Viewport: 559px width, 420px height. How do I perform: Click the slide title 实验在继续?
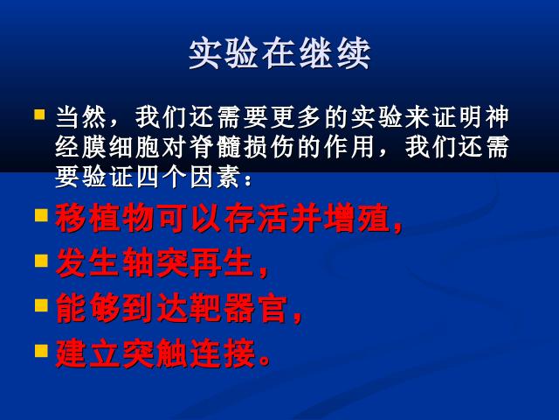click(x=279, y=53)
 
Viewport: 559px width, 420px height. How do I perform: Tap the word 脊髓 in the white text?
click(x=216, y=147)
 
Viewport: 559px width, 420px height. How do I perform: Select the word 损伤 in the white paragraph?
click(x=270, y=147)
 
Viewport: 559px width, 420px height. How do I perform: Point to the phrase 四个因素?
click(x=189, y=177)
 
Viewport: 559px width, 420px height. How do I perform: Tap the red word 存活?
click(x=256, y=218)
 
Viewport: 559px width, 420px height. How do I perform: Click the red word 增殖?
click(x=357, y=218)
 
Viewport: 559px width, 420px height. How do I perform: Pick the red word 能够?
click(x=88, y=308)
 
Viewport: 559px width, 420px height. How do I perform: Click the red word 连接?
click(x=223, y=353)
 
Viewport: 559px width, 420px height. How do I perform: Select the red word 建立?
click(x=88, y=353)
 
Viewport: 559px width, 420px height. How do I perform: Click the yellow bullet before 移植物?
click(x=41, y=216)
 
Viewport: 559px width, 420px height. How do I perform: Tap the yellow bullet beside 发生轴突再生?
click(x=41, y=261)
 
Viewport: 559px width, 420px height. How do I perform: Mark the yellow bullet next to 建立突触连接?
click(x=41, y=351)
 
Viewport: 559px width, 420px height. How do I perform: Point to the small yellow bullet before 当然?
click(x=39, y=115)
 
